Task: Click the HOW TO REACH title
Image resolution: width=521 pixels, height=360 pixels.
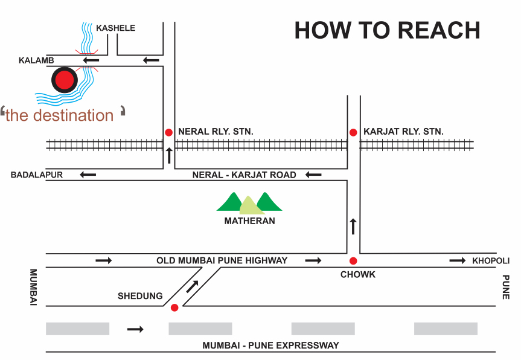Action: (x=387, y=30)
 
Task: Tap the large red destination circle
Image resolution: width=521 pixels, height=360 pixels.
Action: (x=65, y=80)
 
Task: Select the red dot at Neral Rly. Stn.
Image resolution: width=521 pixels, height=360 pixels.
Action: (x=169, y=132)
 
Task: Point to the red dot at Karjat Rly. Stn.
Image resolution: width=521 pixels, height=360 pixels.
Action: (x=353, y=132)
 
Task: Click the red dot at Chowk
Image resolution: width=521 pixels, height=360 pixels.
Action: (x=353, y=261)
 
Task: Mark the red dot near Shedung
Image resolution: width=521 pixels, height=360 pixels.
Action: (x=174, y=307)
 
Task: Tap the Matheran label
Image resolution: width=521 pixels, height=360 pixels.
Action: (x=249, y=220)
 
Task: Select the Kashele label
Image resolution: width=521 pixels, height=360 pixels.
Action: (x=116, y=28)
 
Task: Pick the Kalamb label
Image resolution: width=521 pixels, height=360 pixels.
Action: (x=36, y=60)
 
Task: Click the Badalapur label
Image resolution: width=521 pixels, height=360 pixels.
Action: (x=37, y=175)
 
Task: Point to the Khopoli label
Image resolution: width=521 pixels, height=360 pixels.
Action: (x=491, y=260)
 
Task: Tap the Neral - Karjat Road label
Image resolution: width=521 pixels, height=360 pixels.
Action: (x=245, y=175)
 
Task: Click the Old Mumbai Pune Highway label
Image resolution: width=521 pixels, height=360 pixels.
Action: (x=222, y=260)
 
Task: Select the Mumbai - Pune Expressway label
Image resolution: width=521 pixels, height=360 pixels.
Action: (x=271, y=346)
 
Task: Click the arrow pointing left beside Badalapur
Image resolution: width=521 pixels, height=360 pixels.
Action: (x=88, y=175)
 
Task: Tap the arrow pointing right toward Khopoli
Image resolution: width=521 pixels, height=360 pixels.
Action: (x=458, y=260)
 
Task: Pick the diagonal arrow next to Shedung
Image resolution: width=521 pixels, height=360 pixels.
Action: (x=193, y=286)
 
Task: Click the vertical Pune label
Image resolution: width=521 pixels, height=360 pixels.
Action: (x=506, y=287)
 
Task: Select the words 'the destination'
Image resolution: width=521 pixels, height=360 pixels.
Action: (x=60, y=115)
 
